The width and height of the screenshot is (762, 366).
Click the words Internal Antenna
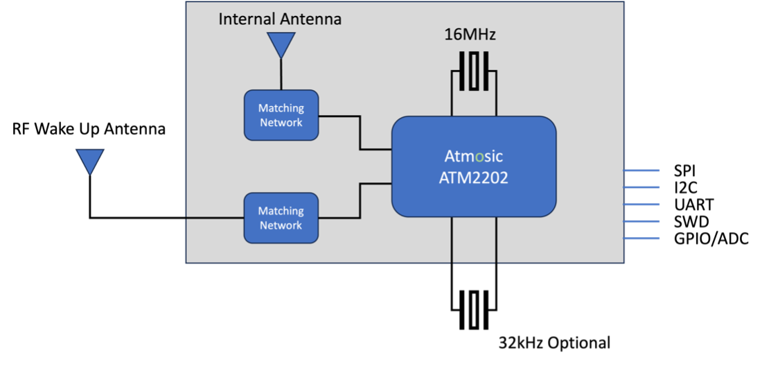(280, 19)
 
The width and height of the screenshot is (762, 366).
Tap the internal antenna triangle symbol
(281, 44)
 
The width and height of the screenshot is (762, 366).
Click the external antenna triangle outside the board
(89, 160)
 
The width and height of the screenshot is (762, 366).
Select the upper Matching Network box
(281, 115)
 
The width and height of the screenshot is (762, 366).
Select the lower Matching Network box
(281, 218)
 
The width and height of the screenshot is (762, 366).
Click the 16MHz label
(470, 35)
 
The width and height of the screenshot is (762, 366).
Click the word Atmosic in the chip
(474, 156)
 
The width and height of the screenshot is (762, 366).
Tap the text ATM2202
(474, 177)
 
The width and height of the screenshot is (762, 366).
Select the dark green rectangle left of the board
(144, 183)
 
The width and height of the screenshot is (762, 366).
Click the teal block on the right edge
(641, 178)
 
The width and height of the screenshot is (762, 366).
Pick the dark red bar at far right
(667, 233)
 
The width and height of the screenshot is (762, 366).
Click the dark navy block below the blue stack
(641, 251)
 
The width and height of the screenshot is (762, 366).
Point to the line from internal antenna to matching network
(281, 74)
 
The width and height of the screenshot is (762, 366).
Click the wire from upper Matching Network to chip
(360, 132)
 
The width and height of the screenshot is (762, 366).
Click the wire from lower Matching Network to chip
(360, 201)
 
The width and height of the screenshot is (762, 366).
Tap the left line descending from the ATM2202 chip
(452, 240)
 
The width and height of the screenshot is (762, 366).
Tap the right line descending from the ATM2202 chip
(496, 240)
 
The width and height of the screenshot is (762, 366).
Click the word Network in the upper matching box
(281, 123)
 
